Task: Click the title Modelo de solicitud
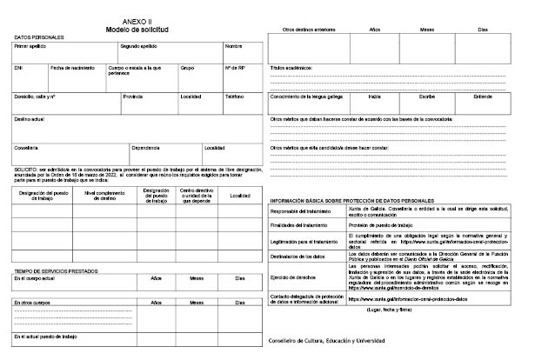[x=134, y=28]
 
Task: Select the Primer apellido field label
[x=30, y=45]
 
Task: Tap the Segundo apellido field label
[x=140, y=45]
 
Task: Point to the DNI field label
[x=18, y=66]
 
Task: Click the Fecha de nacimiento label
[x=70, y=66]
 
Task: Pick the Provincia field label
[x=133, y=97]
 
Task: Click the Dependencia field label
[x=145, y=147]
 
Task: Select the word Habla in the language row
[x=375, y=96]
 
